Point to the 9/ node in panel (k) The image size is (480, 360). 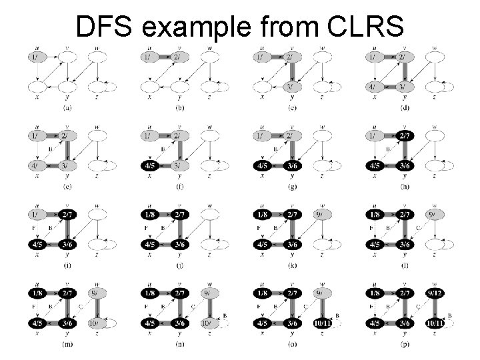pyautogui.click(x=321, y=215)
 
